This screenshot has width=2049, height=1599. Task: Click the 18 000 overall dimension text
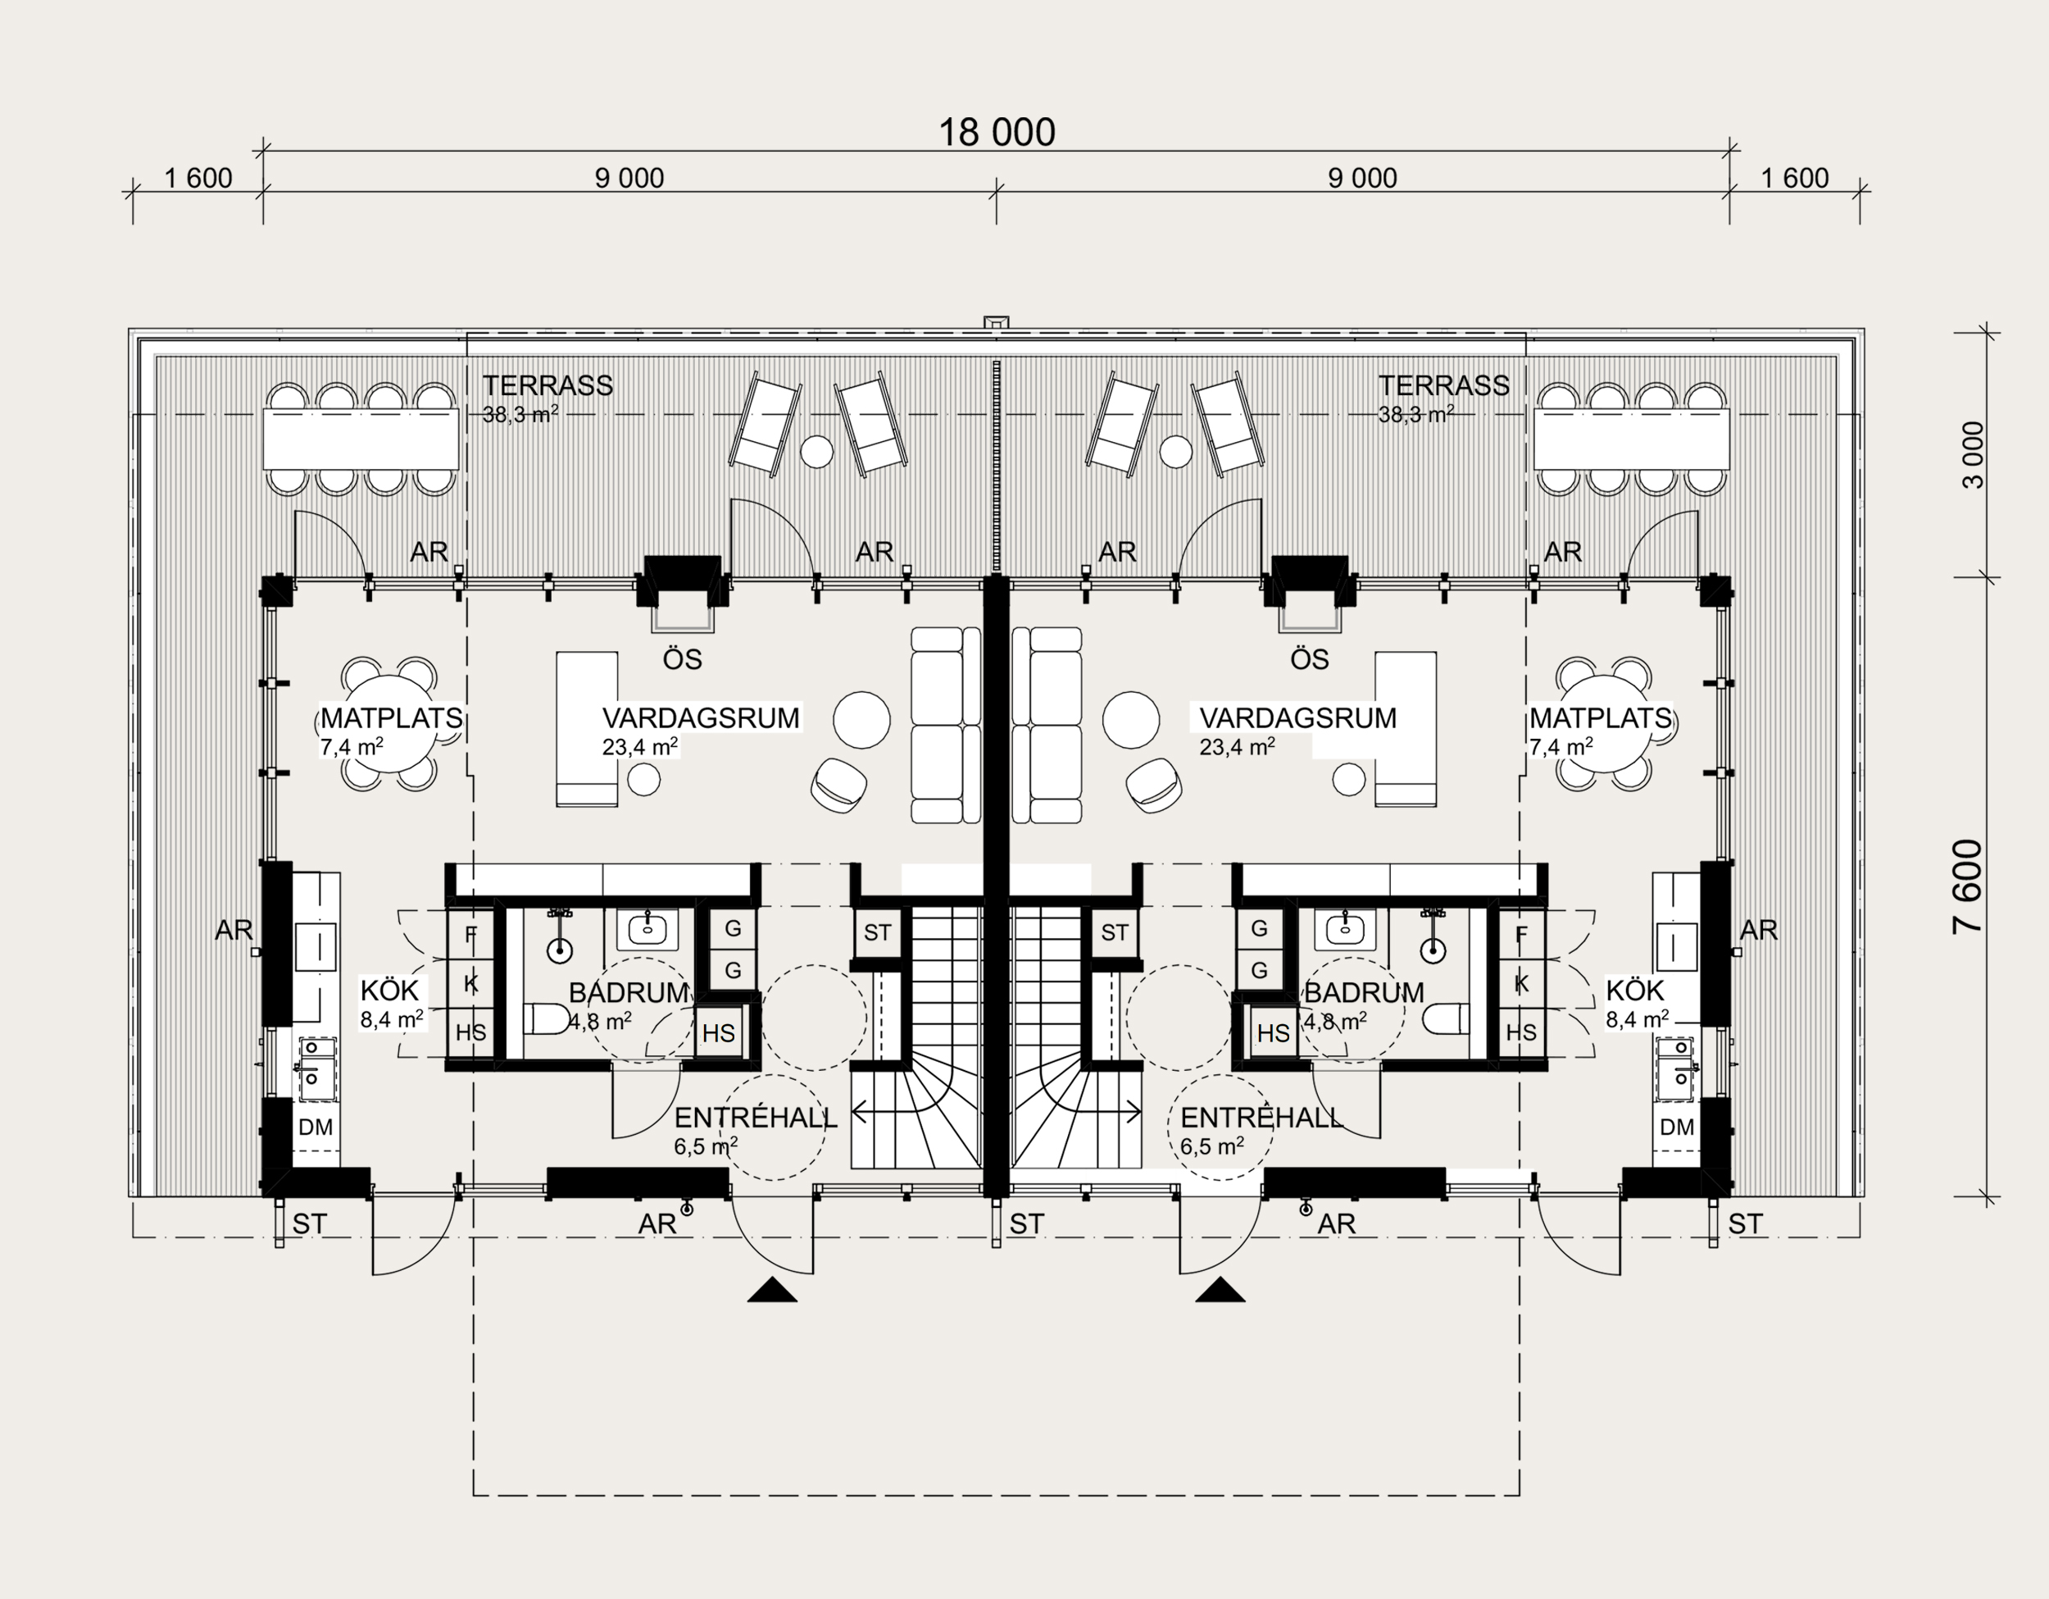[x=997, y=132]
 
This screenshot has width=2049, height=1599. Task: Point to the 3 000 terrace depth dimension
[x=1973, y=455]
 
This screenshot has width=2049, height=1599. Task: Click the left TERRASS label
[x=547, y=385]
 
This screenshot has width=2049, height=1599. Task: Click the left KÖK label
[x=389, y=990]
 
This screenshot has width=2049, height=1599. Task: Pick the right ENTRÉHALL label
[x=1261, y=1118]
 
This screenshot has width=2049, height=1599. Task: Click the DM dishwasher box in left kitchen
[x=316, y=1127]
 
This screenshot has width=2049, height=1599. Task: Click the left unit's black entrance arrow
[x=772, y=1291]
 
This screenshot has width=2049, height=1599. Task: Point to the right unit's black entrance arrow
[x=1220, y=1291]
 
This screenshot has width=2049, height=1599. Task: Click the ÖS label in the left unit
[x=682, y=659]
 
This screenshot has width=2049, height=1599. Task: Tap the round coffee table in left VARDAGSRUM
[x=862, y=719]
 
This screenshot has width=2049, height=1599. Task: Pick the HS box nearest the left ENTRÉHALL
[x=719, y=1033]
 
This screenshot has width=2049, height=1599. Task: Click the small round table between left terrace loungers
[x=816, y=451]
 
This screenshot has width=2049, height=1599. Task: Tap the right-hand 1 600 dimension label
[x=1794, y=178]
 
